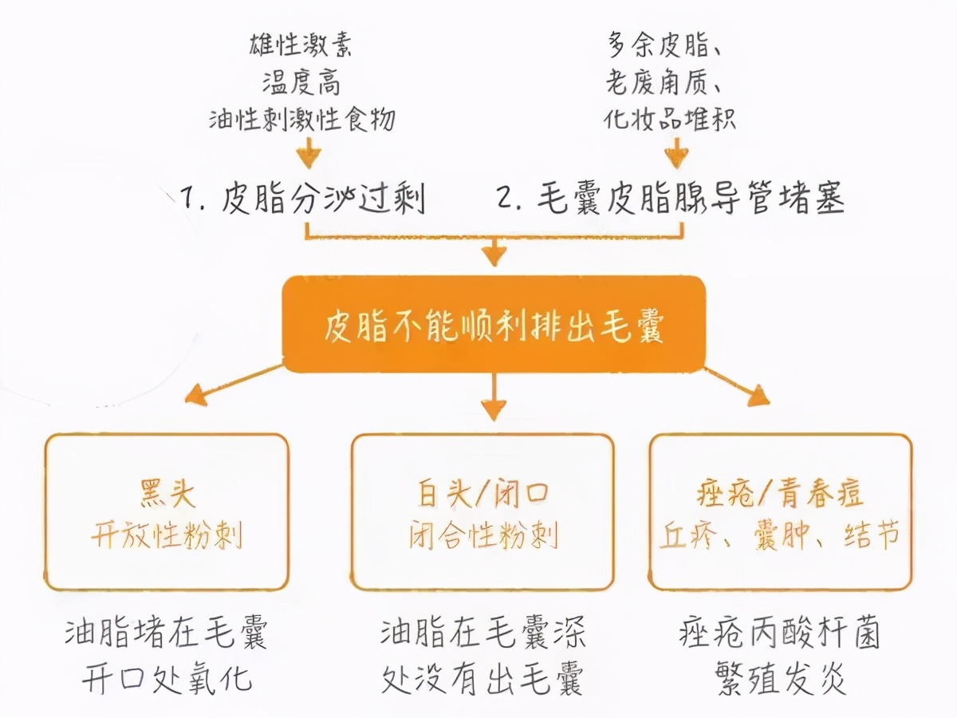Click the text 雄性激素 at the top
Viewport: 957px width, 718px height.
302,45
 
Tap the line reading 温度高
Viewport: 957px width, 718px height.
302,82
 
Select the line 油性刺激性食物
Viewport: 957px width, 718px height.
302,120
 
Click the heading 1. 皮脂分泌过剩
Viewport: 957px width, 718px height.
303,198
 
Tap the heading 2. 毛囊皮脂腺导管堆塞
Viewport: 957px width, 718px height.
670,198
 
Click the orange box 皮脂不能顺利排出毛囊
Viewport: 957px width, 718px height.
494,325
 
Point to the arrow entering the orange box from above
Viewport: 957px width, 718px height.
494,254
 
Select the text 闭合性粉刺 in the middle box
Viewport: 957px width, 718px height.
483,535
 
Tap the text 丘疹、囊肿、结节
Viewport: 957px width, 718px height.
781,535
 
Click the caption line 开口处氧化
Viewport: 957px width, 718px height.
167,680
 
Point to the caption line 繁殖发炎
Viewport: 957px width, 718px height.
781,680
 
